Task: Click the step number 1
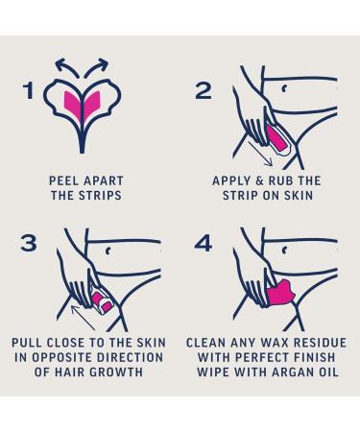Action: [29, 90]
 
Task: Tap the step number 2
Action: [204, 90]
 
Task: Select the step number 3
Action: [29, 243]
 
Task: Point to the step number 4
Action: [204, 243]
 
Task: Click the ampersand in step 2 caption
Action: [259, 180]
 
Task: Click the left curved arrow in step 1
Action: [64, 65]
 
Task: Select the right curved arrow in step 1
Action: [98, 65]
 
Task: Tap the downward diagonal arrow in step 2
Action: [260, 154]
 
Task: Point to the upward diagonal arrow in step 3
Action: [83, 318]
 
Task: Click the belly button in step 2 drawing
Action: [284, 88]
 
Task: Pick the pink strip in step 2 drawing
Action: [276, 138]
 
